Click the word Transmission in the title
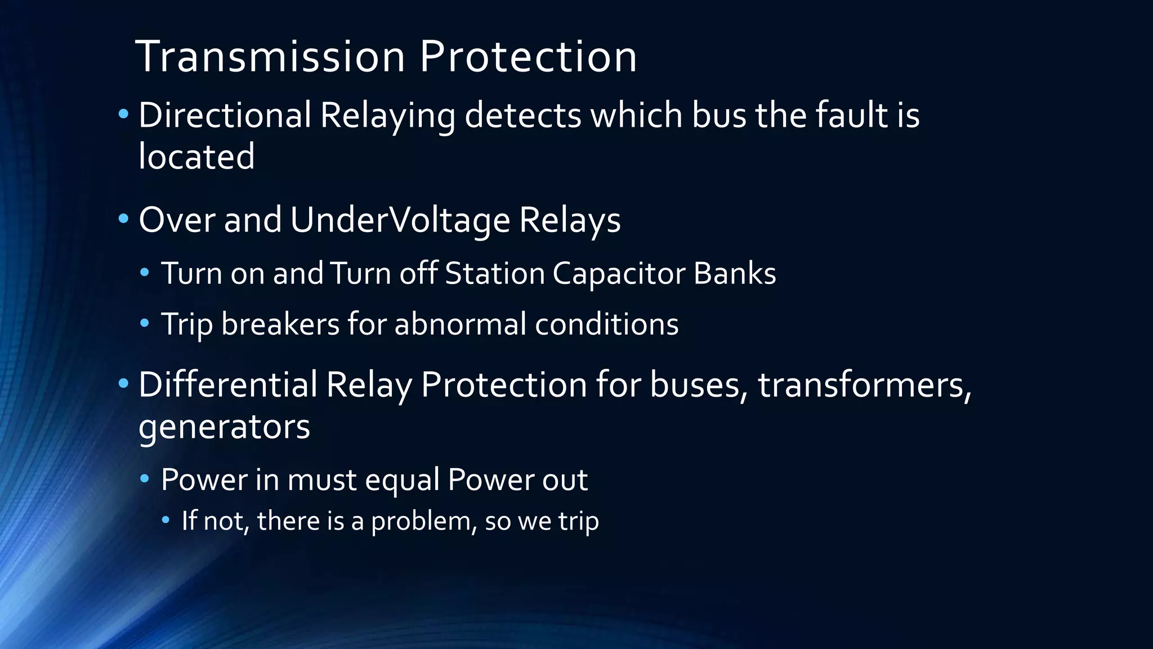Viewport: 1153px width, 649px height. pos(270,57)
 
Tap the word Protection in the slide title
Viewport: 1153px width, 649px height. pos(528,57)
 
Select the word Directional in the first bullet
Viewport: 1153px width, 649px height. pos(225,115)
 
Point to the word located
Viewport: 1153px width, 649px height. pos(196,157)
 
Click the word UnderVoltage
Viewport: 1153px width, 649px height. pos(400,220)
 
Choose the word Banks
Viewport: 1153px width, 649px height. pos(735,274)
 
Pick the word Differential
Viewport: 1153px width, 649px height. pos(227,385)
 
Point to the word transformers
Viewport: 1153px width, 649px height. pos(865,385)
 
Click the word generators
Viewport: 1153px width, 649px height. pos(224,427)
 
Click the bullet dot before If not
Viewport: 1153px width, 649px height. pos(166,520)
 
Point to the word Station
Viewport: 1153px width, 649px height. pos(494,274)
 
